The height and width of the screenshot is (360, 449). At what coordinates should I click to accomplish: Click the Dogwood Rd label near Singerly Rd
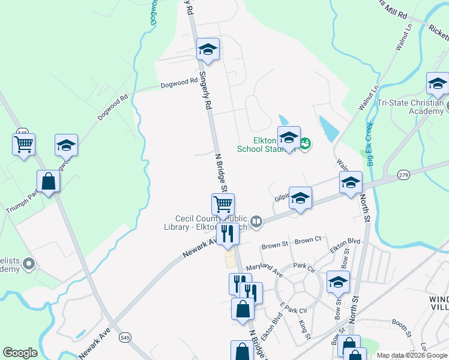click(179, 83)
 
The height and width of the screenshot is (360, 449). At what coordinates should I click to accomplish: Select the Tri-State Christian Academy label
click(410, 106)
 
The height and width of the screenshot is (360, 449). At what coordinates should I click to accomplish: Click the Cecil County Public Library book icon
click(256, 222)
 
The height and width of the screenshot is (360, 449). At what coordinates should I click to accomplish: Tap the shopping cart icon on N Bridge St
click(223, 204)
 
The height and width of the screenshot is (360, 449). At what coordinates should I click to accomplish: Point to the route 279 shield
click(403, 175)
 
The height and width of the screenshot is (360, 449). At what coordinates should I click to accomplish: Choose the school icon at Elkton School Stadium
click(289, 137)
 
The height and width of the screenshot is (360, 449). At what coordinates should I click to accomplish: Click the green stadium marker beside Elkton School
click(305, 143)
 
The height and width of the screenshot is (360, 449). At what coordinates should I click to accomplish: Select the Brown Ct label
click(308, 241)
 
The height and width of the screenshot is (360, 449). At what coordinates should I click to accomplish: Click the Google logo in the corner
click(20, 353)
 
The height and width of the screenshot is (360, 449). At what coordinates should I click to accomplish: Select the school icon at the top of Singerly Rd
click(208, 49)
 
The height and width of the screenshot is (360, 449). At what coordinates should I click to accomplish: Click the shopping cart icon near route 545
click(23, 144)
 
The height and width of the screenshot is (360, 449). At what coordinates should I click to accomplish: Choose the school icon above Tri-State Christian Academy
click(438, 83)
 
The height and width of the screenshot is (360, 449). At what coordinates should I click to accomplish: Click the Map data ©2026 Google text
click(412, 355)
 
